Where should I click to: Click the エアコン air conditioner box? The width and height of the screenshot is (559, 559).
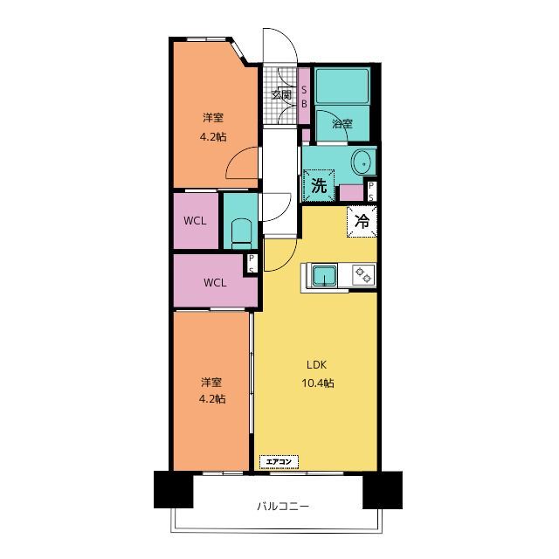279,462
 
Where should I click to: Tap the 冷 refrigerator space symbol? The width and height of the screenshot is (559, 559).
362,221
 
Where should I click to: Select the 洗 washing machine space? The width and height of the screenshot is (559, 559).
319,185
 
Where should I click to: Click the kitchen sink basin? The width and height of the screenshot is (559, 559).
324,276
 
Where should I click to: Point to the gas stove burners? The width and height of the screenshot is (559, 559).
363,274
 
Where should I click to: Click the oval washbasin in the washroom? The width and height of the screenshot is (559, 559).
363,163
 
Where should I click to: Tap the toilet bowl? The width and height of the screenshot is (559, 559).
241,233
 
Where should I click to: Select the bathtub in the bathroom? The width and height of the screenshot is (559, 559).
342,86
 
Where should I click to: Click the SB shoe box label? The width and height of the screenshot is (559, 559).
304,97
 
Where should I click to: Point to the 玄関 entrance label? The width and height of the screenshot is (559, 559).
281,95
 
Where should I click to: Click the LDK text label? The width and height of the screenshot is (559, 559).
316,365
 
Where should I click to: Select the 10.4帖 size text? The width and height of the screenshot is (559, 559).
318,383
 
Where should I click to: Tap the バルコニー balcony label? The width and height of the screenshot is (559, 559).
283,506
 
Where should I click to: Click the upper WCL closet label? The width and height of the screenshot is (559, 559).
195,221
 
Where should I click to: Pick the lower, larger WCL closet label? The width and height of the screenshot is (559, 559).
215,283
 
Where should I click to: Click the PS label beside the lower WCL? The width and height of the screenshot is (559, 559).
252,264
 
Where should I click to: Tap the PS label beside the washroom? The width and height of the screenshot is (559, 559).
371,191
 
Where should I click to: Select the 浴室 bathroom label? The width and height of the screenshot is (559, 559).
342,124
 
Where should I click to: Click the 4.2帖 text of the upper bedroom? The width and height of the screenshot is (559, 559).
213,137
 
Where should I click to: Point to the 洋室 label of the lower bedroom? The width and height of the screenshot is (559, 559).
211,383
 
